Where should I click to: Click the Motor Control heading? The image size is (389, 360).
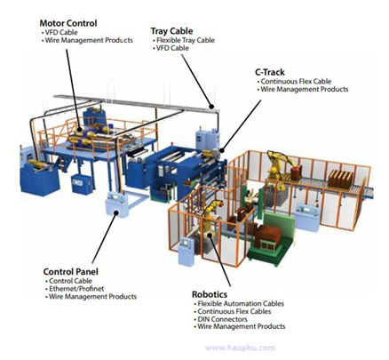coord(68,23)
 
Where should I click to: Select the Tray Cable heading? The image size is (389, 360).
coord(171,31)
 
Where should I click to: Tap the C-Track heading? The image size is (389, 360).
coord(270,72)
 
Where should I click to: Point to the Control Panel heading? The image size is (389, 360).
coord(70,272)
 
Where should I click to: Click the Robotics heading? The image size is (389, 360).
coord(210,294)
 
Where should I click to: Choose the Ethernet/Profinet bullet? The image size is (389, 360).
coord(76,289)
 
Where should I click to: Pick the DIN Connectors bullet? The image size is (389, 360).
coord(222,319)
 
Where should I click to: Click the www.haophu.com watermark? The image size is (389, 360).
coord(240,348)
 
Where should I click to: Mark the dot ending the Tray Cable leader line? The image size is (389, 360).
coord(211,107)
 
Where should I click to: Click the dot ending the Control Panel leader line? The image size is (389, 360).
coord(116,212)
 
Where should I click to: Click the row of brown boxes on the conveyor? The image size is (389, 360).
coord(341,179)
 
